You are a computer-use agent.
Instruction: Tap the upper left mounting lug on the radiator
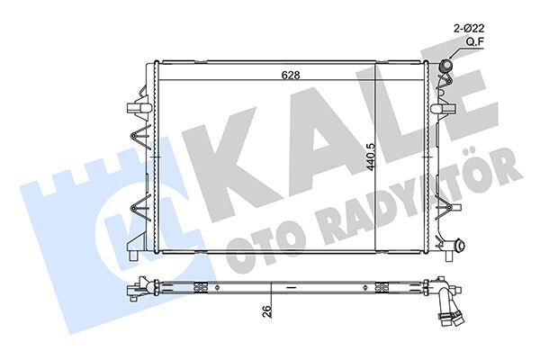point(137,109)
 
